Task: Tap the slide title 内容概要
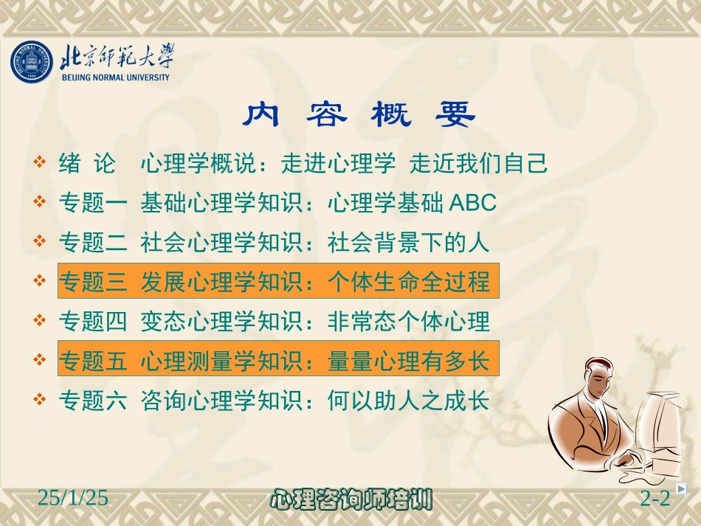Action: point(360,115)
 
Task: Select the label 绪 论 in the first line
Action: point(87,164)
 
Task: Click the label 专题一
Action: point(93,203)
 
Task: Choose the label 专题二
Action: point(93,242)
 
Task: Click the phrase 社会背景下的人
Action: point(408,242)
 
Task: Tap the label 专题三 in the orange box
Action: point(93,282)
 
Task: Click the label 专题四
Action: point(93,322)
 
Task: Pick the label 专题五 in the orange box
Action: point(93,361)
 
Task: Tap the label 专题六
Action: point(93,401)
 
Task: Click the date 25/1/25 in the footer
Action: point(73,499)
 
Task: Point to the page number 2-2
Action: point(655,499)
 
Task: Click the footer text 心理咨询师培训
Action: point(351,499)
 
